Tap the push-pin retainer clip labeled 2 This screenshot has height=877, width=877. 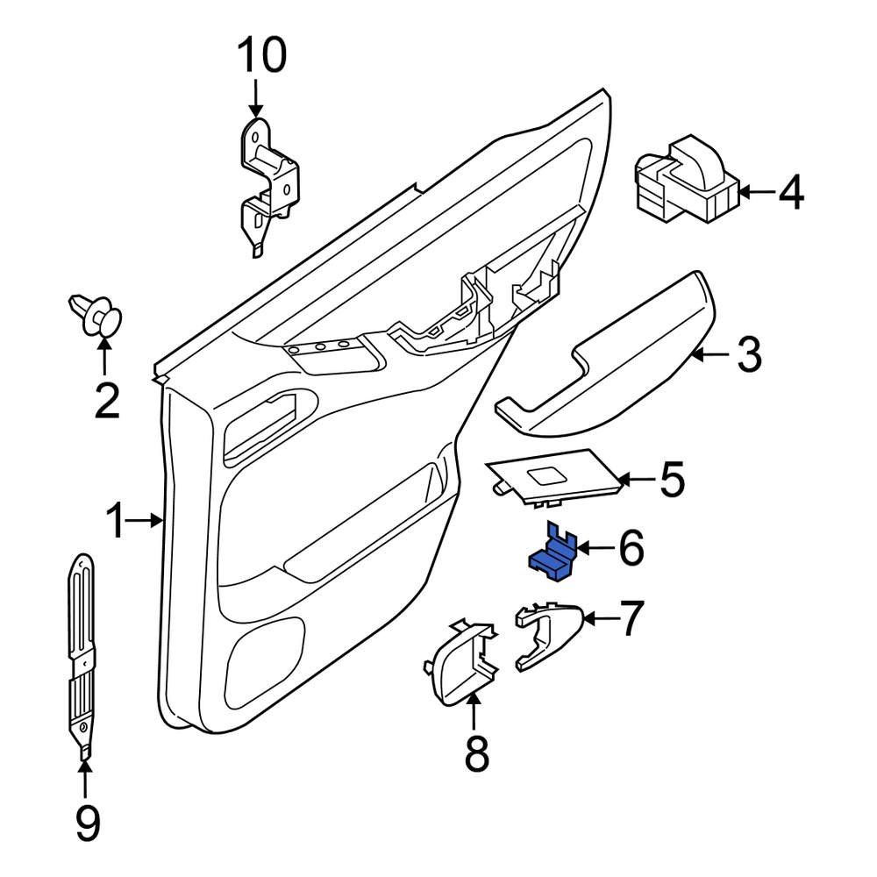[x=97, y=316]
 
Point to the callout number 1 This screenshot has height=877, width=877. [x=117, y=522]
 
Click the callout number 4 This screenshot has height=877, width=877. [x=790, y=193]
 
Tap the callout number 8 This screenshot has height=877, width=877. [x=475, y=754]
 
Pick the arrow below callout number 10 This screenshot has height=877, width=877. [x=255, y=96]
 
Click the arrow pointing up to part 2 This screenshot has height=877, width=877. [x=104, y=360]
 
